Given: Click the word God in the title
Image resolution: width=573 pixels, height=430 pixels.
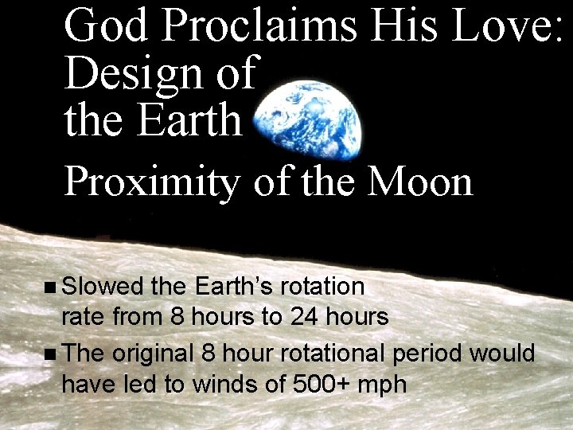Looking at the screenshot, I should pyautogui.click(x=107, y=25).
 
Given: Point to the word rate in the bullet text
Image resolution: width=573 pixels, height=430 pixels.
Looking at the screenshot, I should pyautogui.click(x=84, y=318).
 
